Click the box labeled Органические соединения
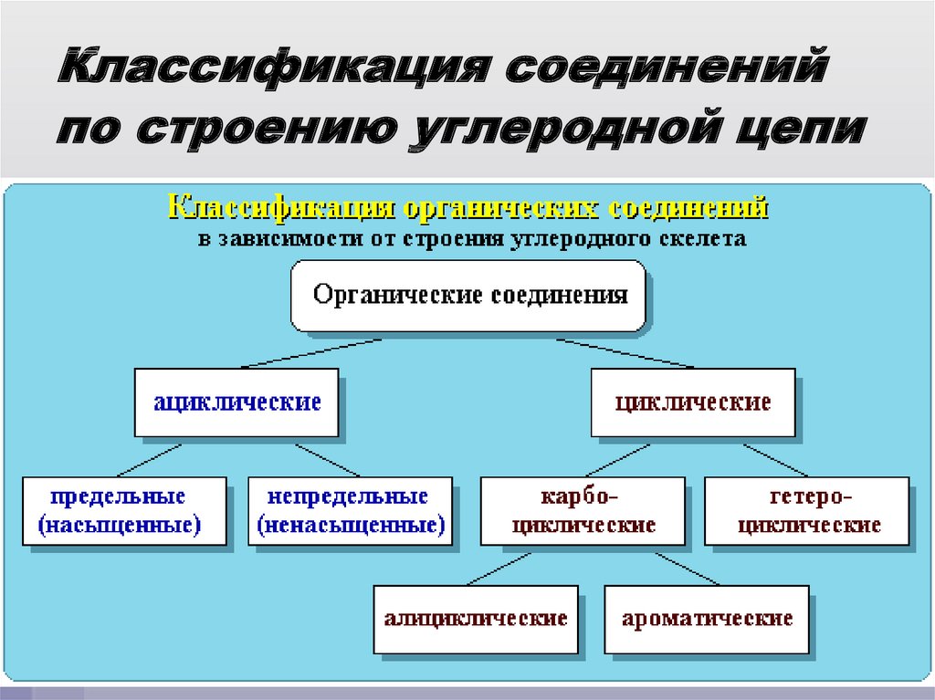pyautogui.click(x=469, y=296)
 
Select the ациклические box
pyautogui.click(x=236, y=402)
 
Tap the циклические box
pyautogui.click(x=693, y=402)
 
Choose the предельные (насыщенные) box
pyautogui.click(x=123, y=510)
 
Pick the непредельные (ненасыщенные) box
pyautogui.click(x=351, y=510)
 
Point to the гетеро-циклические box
pyautogui.click(x=807, y=510)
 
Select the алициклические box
pyautogui.click(x=476, y=619)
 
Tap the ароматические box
pyautogui.click(x=707, y=619)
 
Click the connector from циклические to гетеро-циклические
pyautogui.click(x=776, y=460)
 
